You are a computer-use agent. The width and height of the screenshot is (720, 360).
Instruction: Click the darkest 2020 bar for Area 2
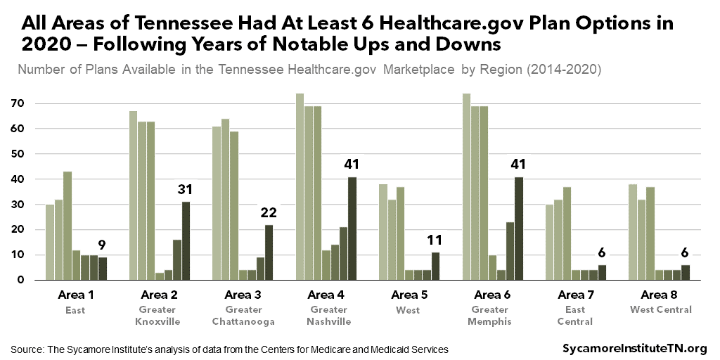pos(186,240)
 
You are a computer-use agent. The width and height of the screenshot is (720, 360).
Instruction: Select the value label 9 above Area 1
pos(103,246)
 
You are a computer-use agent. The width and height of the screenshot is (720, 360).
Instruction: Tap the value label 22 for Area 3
pos(269,213)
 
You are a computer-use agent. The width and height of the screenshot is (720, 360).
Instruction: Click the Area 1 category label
pos(75,295)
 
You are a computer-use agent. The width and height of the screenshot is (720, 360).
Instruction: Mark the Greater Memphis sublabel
pos(492,316)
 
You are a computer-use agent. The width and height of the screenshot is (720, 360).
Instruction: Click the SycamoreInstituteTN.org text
pos(635,349)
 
